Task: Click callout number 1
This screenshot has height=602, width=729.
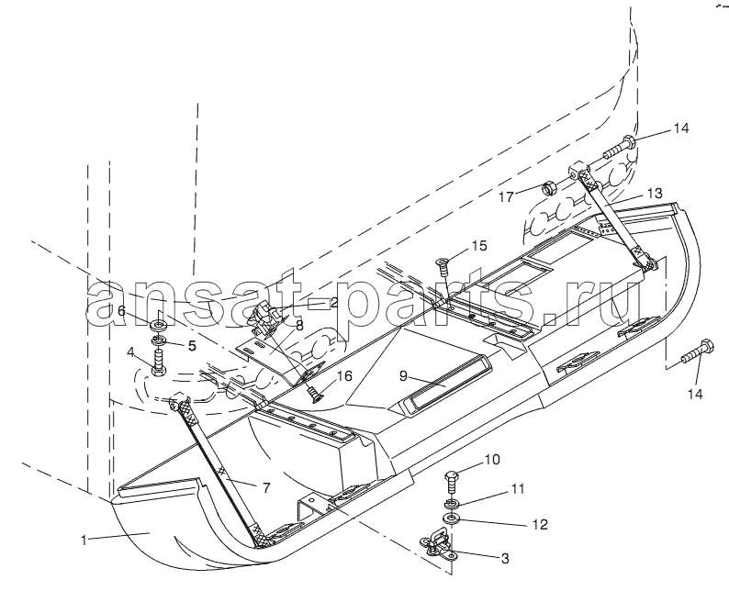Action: pos(84,541)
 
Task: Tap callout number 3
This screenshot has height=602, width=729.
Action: pos(505,558)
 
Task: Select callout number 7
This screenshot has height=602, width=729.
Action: pos(266,487)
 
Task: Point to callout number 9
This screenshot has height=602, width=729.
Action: pos(403,375)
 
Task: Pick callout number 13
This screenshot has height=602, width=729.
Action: pos(655,193)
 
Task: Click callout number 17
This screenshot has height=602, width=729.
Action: pos(506,197)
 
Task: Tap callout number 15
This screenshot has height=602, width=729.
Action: pos(479,245)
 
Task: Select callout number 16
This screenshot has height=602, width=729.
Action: pos(344,375)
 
